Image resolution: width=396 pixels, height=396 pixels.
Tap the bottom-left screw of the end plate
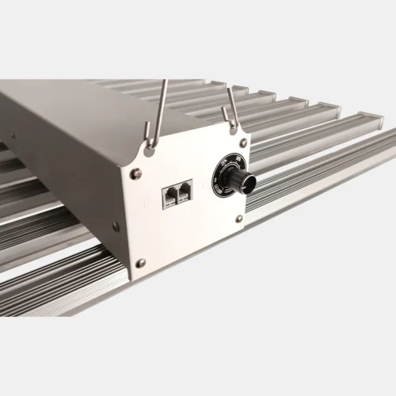(x=140, y=262)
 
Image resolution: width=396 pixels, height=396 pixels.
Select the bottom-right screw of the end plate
(x=239, y=219)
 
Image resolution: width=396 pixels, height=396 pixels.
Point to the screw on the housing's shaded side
(x=116, y=227)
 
